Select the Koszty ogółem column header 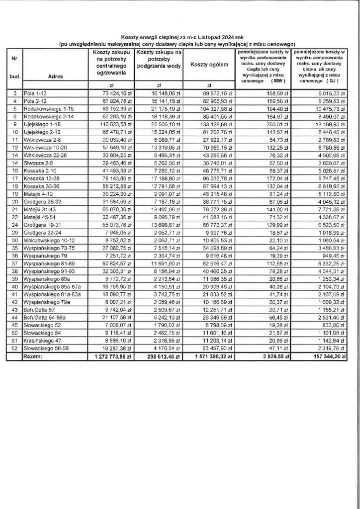click(x=209, y=65)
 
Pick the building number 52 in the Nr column click(x=14, y=349)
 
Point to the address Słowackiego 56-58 click(x=46, y=349)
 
